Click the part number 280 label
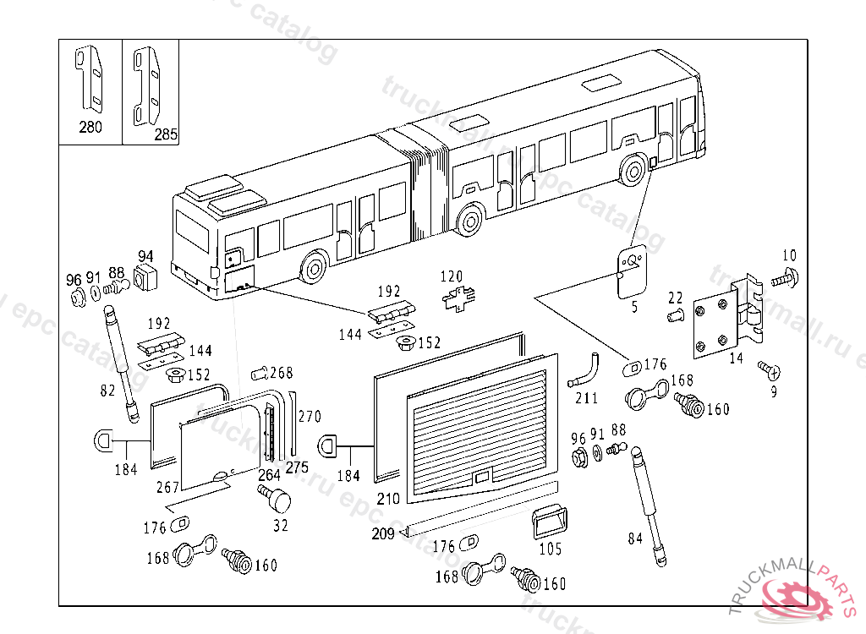(x=90, y=128)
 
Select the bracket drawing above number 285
(x=149, y=85)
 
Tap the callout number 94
(x=145, y=257)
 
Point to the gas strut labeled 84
(x=648, y=502)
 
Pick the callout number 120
(x=452, y=276)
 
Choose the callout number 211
(x=586, y=397)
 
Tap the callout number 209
(x=383, y=533)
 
